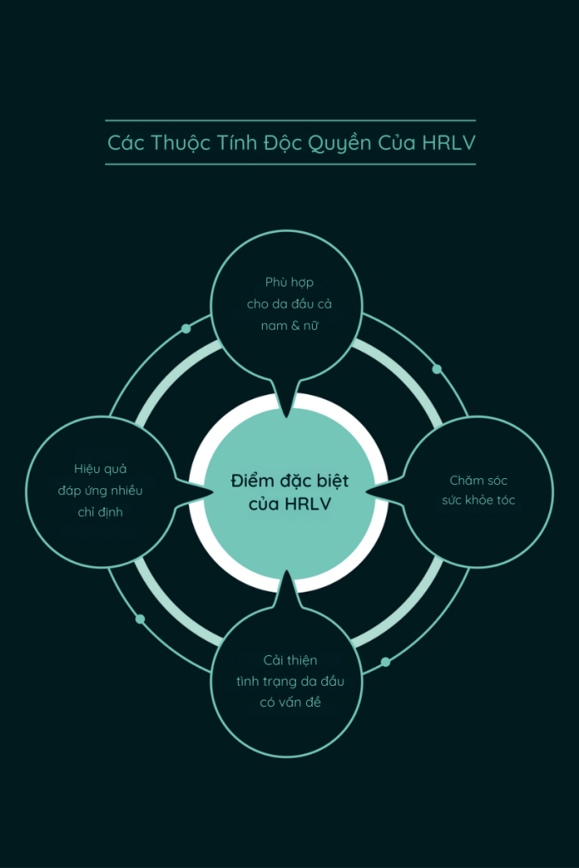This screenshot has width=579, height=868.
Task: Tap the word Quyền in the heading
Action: click(339, 142)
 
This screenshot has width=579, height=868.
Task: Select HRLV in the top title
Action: click(449, 142)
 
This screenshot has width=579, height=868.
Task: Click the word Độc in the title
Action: click(281, 142)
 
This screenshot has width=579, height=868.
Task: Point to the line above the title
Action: click(291, 120)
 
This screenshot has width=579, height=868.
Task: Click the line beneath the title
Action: click(291, 164)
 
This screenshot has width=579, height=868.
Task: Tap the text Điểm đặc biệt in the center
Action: click(290, 481)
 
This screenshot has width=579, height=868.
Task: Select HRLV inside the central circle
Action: click(308, 504)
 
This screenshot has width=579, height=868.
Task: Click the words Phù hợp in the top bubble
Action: click(290, 283)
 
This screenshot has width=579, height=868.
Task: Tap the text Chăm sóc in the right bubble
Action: click(478, 480)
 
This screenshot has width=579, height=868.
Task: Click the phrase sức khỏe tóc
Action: click(478, 500)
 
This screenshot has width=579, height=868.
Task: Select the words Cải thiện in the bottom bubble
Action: click(290, 659)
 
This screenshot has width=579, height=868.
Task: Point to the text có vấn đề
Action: click(290, 702)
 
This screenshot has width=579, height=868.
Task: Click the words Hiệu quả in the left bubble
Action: click(100, 470)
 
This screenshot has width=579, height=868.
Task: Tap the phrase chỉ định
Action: click(100, 513)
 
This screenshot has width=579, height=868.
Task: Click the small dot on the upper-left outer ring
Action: click(186, 329)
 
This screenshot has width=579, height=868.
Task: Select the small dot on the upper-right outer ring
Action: click(437, 370)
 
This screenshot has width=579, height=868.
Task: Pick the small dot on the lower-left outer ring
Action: click(140, 619)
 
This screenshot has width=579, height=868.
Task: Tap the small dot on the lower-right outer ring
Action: click(385, 662)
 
